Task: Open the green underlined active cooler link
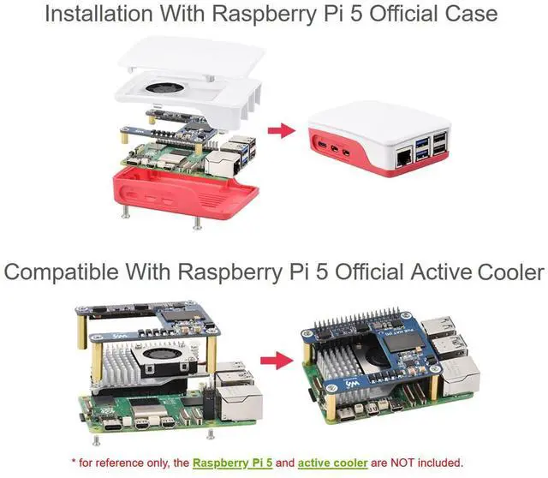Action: tap(334, 463)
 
